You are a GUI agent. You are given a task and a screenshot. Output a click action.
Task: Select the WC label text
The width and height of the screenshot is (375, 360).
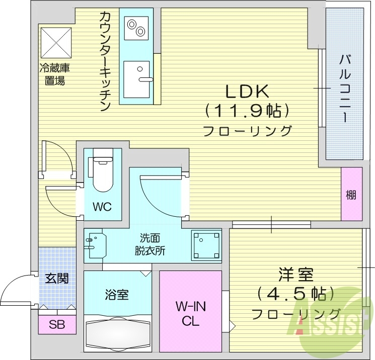[102, 207]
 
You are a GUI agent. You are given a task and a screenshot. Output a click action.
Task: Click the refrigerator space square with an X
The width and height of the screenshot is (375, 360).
[56, 42]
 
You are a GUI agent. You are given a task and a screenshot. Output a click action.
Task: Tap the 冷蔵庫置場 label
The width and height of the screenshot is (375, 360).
[54, 74]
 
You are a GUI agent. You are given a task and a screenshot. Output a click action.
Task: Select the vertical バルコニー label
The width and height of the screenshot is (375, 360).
[345, 88]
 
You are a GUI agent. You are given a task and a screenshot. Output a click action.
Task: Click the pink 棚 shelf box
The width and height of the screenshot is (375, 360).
[351, 195]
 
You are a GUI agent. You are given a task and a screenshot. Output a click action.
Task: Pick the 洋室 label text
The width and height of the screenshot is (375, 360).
[295, 275]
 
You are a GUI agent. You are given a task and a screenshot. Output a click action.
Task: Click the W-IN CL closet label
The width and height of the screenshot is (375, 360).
[190, 313]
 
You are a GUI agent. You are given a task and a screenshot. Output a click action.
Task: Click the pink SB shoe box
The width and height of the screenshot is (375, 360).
[56, 324]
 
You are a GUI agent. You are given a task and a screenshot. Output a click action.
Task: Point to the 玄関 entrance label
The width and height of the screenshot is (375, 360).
[56, 278]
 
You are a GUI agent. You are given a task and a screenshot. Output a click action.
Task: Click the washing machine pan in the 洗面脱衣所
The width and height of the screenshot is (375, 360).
[206, 245]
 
